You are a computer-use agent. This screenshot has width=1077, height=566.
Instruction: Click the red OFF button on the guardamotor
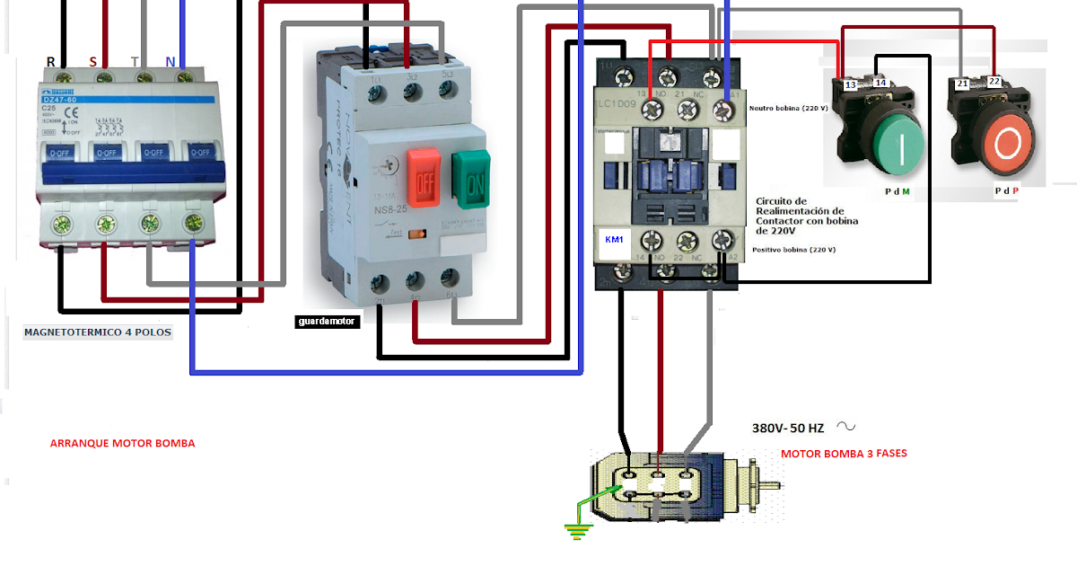point(421,176)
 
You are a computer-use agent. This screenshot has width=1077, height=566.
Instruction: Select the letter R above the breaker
point(51,62)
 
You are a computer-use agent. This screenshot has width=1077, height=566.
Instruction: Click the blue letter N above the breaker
point(171,62)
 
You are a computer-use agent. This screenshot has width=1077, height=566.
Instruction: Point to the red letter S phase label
point(92,62)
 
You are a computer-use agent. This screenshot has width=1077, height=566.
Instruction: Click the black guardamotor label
point(328,321)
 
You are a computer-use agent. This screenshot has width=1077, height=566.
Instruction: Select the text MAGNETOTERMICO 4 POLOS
point(97,332)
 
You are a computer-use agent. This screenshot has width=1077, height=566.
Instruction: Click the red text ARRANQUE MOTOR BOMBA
point(122,443)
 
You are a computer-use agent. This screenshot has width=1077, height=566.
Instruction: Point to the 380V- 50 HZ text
point(788,429)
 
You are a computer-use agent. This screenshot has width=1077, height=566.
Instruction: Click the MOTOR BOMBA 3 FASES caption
point(844,454)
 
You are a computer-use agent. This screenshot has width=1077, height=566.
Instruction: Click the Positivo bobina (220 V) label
point(794,250)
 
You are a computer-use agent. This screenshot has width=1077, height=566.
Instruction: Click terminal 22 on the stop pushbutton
point(994,83)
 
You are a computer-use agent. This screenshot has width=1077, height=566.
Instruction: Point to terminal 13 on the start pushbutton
point(849,84)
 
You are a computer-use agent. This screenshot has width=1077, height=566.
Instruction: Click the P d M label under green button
point(897,191)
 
